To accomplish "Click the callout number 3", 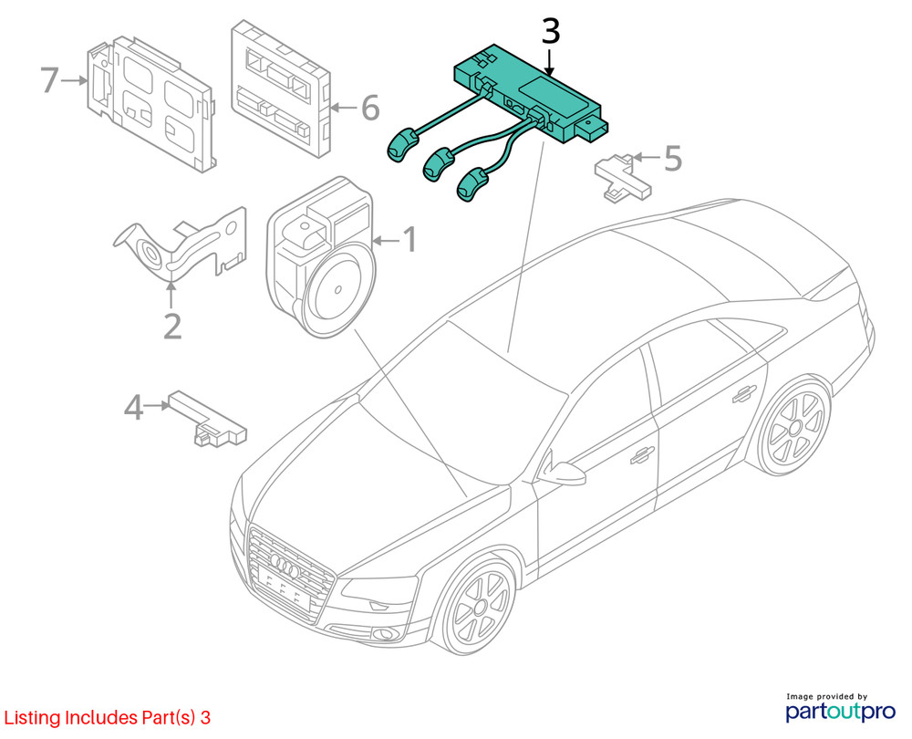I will [x=550, y=31].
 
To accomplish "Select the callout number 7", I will [x=51, y=80].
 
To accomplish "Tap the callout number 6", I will [x=369, y=109].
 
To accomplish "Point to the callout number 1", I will [x=409, y=240].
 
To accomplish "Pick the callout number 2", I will [x=171, y=325].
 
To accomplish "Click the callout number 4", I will [x=134, y=408].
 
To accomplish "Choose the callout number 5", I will [x=672, y=158].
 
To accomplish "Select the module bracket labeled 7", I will [x=150, y=102].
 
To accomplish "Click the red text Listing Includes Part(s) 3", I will [x=108, y=718].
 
